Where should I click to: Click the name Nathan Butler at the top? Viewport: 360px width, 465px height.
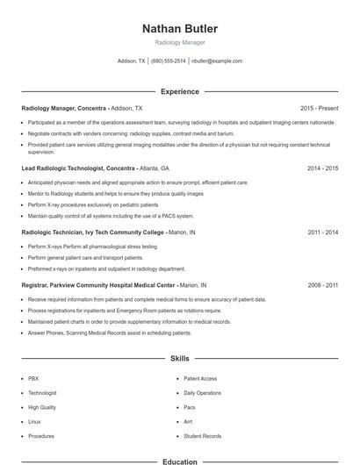179,29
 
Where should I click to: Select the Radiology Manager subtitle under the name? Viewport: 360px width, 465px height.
179,43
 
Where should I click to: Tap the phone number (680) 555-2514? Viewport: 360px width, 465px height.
169,61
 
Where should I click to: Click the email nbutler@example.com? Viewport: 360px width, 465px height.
216,61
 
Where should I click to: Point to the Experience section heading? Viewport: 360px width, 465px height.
179,91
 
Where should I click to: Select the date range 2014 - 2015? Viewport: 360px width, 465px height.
323,167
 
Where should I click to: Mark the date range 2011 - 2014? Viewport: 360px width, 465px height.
323,232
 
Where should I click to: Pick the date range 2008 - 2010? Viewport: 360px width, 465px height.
323,285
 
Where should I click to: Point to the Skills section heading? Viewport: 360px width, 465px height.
179,358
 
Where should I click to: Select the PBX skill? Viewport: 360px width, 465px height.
33,378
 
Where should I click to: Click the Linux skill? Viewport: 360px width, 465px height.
35,422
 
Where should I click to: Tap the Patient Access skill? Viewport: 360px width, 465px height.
200,378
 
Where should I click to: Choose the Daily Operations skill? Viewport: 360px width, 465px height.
202,393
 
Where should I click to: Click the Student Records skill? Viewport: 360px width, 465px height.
202,436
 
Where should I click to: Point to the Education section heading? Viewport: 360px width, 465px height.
179,461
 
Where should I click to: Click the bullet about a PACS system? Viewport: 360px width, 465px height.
111,215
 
